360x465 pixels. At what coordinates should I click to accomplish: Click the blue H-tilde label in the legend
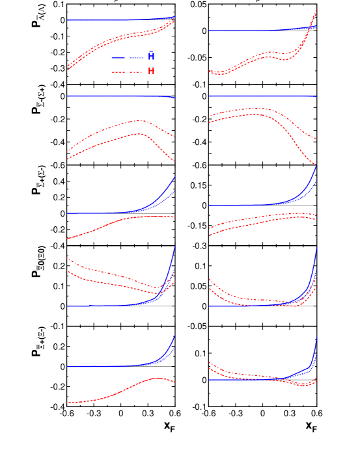[x=151, y=57]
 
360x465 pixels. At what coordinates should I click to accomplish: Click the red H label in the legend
[x=151, y=71]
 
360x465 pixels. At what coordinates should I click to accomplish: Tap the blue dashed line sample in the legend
[x=127, y=57]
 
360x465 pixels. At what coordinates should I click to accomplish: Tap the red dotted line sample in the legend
[x=127, y=72]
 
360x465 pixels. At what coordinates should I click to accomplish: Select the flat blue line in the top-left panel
[x=117, y=20]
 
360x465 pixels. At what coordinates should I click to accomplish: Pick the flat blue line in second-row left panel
[x=117, y=96]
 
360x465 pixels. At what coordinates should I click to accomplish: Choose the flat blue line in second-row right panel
[x=260, y=96]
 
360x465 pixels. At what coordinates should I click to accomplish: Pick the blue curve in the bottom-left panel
[x=117, y=366]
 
